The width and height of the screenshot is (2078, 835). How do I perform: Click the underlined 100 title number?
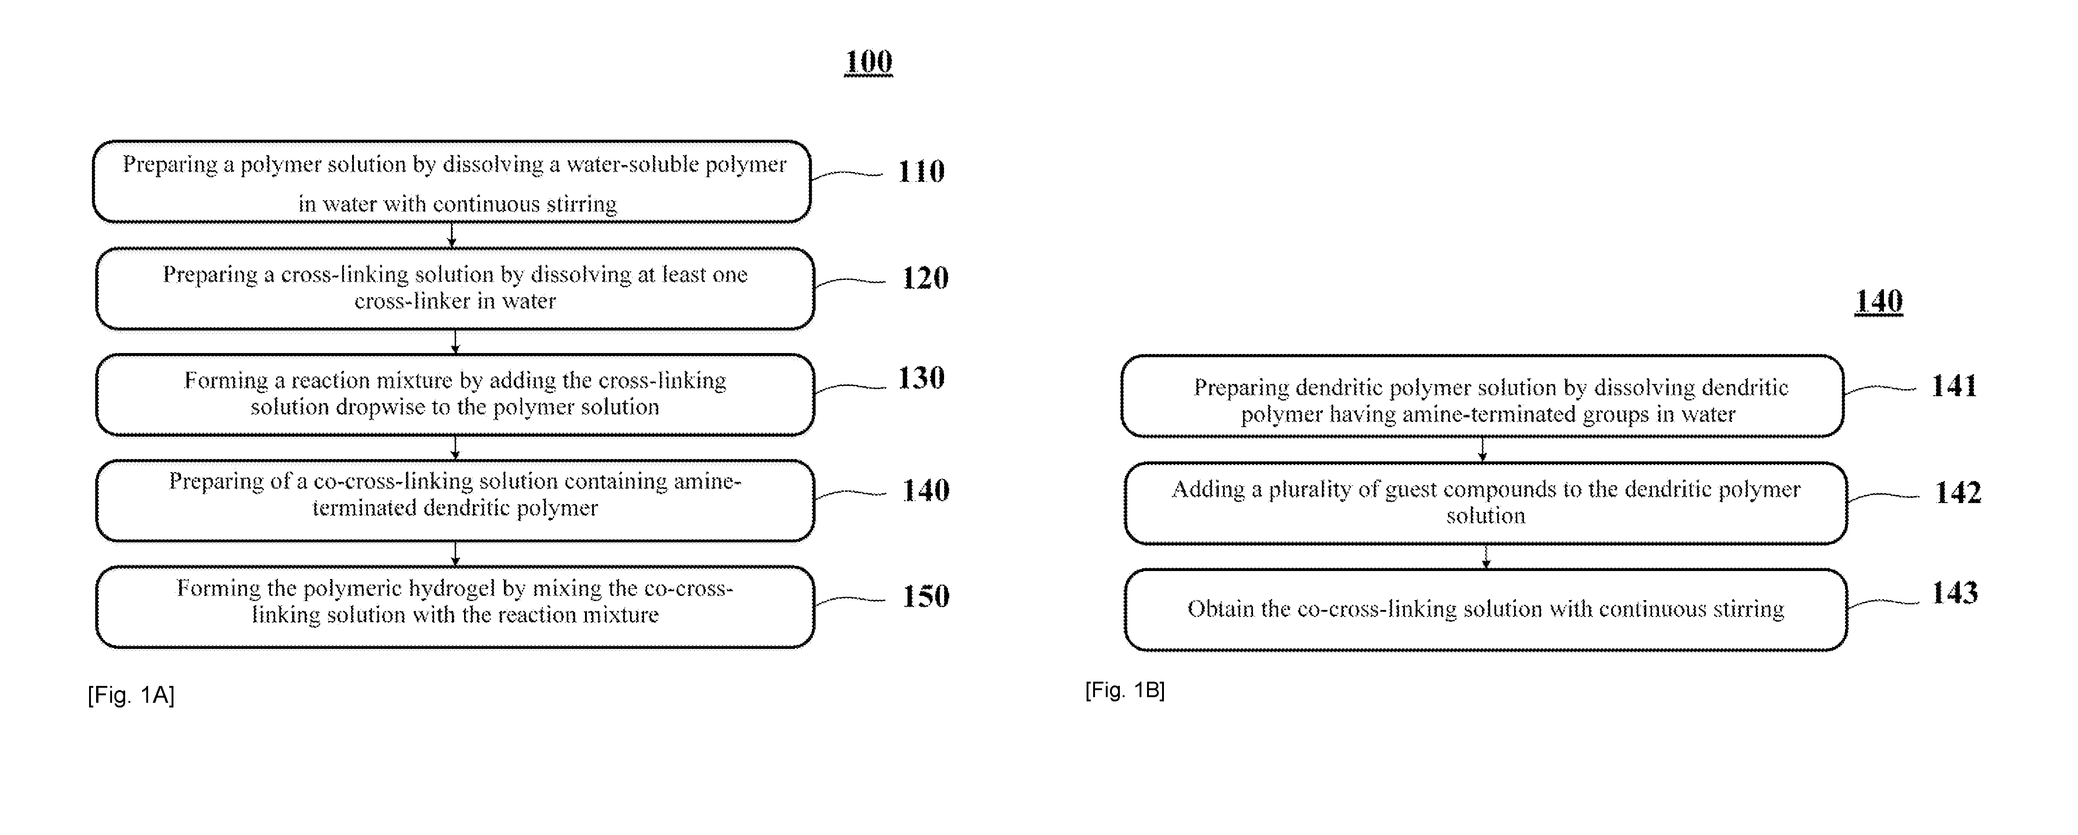868,61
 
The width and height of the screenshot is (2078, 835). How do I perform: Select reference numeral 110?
921,171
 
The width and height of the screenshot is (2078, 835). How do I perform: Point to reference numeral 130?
921,377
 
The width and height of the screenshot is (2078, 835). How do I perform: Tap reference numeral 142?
1958,492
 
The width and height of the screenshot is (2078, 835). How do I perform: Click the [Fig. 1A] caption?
131,695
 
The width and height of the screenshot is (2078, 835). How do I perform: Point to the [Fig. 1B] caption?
1125,690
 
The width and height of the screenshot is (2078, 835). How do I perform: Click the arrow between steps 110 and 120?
452,235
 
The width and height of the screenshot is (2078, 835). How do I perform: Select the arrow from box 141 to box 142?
1482,449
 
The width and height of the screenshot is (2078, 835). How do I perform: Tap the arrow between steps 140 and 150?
455,553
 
